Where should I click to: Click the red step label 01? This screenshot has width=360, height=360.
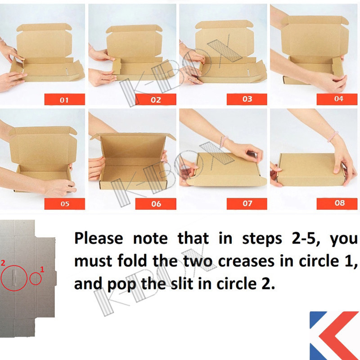[64, 99]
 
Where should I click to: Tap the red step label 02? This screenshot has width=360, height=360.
[156, 99]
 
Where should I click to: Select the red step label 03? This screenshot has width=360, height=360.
[247, 99]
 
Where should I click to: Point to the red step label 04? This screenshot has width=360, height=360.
[337, 99]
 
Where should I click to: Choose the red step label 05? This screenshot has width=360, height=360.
[64, 204]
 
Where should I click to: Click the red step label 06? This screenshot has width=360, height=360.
[156, 204]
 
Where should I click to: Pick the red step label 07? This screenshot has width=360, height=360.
[247, 204]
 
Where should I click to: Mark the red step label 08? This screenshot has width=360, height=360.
[337, 204]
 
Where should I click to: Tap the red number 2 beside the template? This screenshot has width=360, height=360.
[3, 263]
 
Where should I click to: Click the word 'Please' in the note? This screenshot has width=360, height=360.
[99, 239]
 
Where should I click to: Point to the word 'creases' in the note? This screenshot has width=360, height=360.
[246, 261]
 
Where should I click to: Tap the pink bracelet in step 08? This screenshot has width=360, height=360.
[333, 137]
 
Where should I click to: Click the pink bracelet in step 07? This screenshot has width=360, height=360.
[223, 142]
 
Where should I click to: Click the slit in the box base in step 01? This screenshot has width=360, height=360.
[67, 72]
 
